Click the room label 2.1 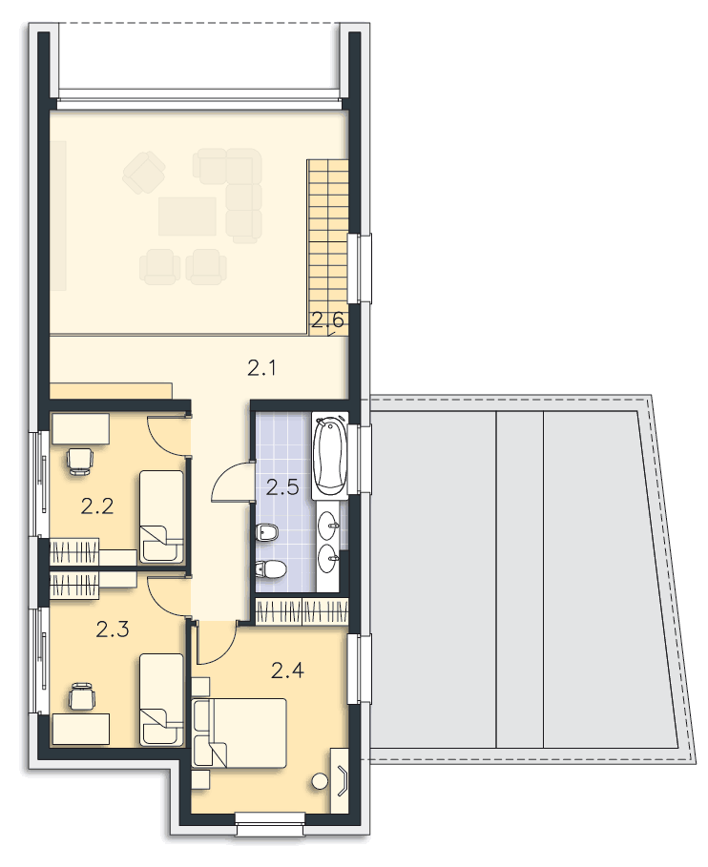[x=261, y=368]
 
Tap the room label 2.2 [x=97, y=506]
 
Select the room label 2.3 [x=113, y=630]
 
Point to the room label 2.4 [x=287, y=671]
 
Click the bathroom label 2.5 [x=282, y=487]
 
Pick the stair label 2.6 [x=327, y=320]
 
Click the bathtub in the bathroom [x=329, y=455]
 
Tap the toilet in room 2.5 [x=270, y=569]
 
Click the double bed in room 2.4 [x=239, y=733]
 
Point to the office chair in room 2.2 [x=79, y=461]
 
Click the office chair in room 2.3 [x=82, y=696]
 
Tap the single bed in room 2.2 [x=161, y=516]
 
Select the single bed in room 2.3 [x=161, y=699]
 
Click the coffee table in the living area [x=188, y=217]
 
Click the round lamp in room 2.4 [x=319, y=781]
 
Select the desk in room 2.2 [x=81, y=428]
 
